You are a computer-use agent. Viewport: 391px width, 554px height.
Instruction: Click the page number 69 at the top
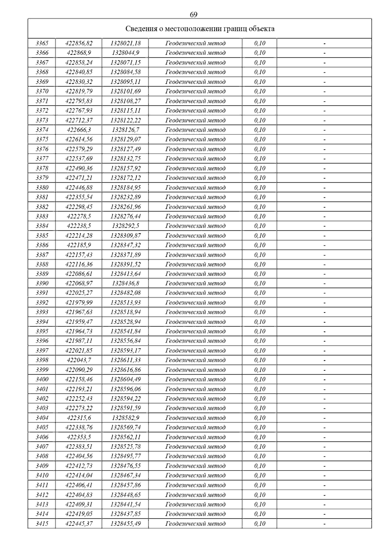[193, 15]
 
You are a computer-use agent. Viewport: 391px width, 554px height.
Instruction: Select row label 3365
[42, 43]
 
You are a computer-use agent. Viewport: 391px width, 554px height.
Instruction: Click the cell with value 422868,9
[79, 53]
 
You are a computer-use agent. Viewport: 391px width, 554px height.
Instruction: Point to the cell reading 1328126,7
[125, 130]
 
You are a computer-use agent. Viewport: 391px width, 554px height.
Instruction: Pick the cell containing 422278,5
[79, 216]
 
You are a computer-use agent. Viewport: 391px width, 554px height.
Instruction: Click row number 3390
[42, 283]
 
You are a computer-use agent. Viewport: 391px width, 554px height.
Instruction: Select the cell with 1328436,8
[125, 283]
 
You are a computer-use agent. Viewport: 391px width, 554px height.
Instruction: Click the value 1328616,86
[125, 370]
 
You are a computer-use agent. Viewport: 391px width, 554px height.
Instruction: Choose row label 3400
[42, 379]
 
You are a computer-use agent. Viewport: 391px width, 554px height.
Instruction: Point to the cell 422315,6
[79, 418]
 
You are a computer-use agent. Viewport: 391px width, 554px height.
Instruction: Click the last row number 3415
[42, 523]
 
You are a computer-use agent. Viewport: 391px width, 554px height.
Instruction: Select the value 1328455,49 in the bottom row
[125, 523]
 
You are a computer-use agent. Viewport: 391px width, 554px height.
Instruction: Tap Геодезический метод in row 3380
[195, 188]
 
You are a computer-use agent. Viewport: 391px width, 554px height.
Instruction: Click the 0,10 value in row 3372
[260, 111]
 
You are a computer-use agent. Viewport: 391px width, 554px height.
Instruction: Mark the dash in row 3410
[325, 475]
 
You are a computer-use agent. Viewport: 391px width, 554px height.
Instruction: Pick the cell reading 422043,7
[79, 360]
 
